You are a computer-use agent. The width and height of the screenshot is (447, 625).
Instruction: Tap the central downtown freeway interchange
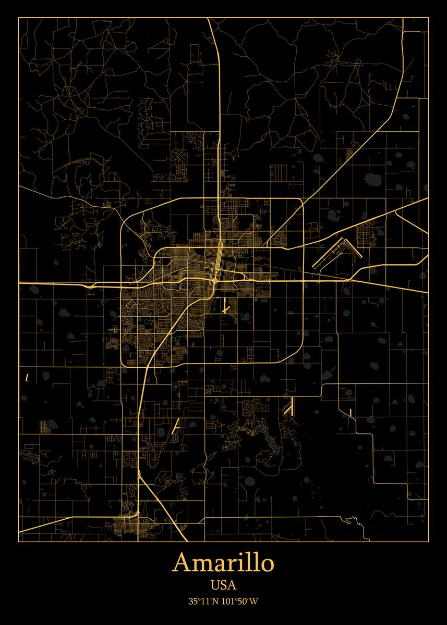(215, 281)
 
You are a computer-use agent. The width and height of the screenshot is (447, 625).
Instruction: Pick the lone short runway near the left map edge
(27, 376)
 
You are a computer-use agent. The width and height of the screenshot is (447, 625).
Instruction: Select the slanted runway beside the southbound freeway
(176, 427)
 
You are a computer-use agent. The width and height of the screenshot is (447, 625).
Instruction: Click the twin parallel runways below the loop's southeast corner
(288, 406)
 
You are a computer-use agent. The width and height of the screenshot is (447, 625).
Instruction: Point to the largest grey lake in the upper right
(372, 180)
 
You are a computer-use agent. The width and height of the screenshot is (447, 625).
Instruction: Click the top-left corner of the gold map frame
(19, 18)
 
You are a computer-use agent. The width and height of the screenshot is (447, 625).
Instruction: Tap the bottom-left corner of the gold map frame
(19, 541)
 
